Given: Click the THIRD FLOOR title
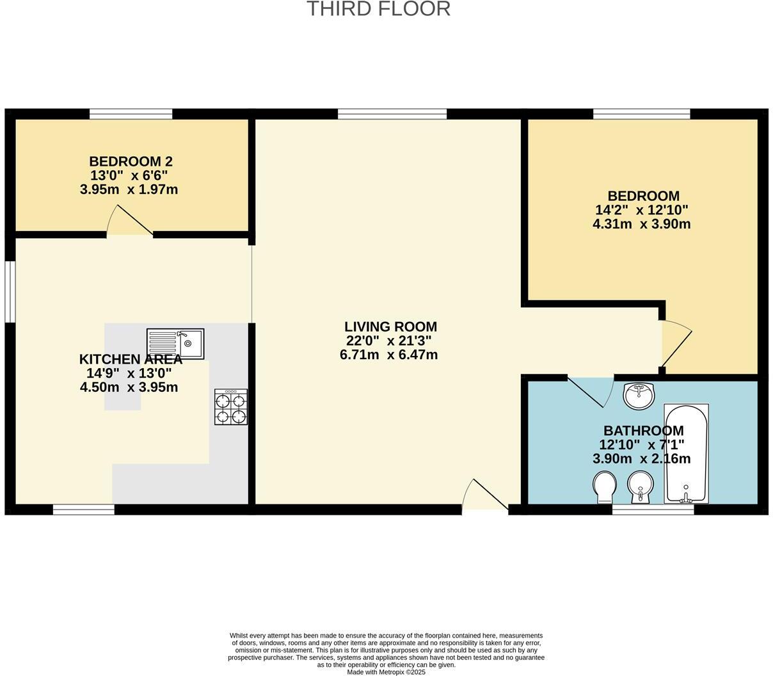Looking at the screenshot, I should [x=378, y=9].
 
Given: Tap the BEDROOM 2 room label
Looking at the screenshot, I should [x=131, y=161].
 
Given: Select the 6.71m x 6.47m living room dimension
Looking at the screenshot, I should [x=388, y=355].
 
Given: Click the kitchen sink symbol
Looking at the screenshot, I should [x=175, y=344].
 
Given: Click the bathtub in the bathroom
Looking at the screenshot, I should [x=686, y=453].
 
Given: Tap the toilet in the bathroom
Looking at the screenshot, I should [x=604, y=487].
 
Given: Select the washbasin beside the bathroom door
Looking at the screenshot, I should [x=639, y=396].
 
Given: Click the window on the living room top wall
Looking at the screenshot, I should [x=392, y=114].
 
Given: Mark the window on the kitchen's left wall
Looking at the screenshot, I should [x=10, y=291].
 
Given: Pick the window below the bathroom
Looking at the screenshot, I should [x=653, y=510].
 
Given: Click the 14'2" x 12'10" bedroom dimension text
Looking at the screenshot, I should [x=641, y=210].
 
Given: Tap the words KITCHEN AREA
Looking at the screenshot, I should [x=131, y=359].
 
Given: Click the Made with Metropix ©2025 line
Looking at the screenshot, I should [x=386, y=672].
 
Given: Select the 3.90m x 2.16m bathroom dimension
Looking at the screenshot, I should [x=641, y=458].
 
